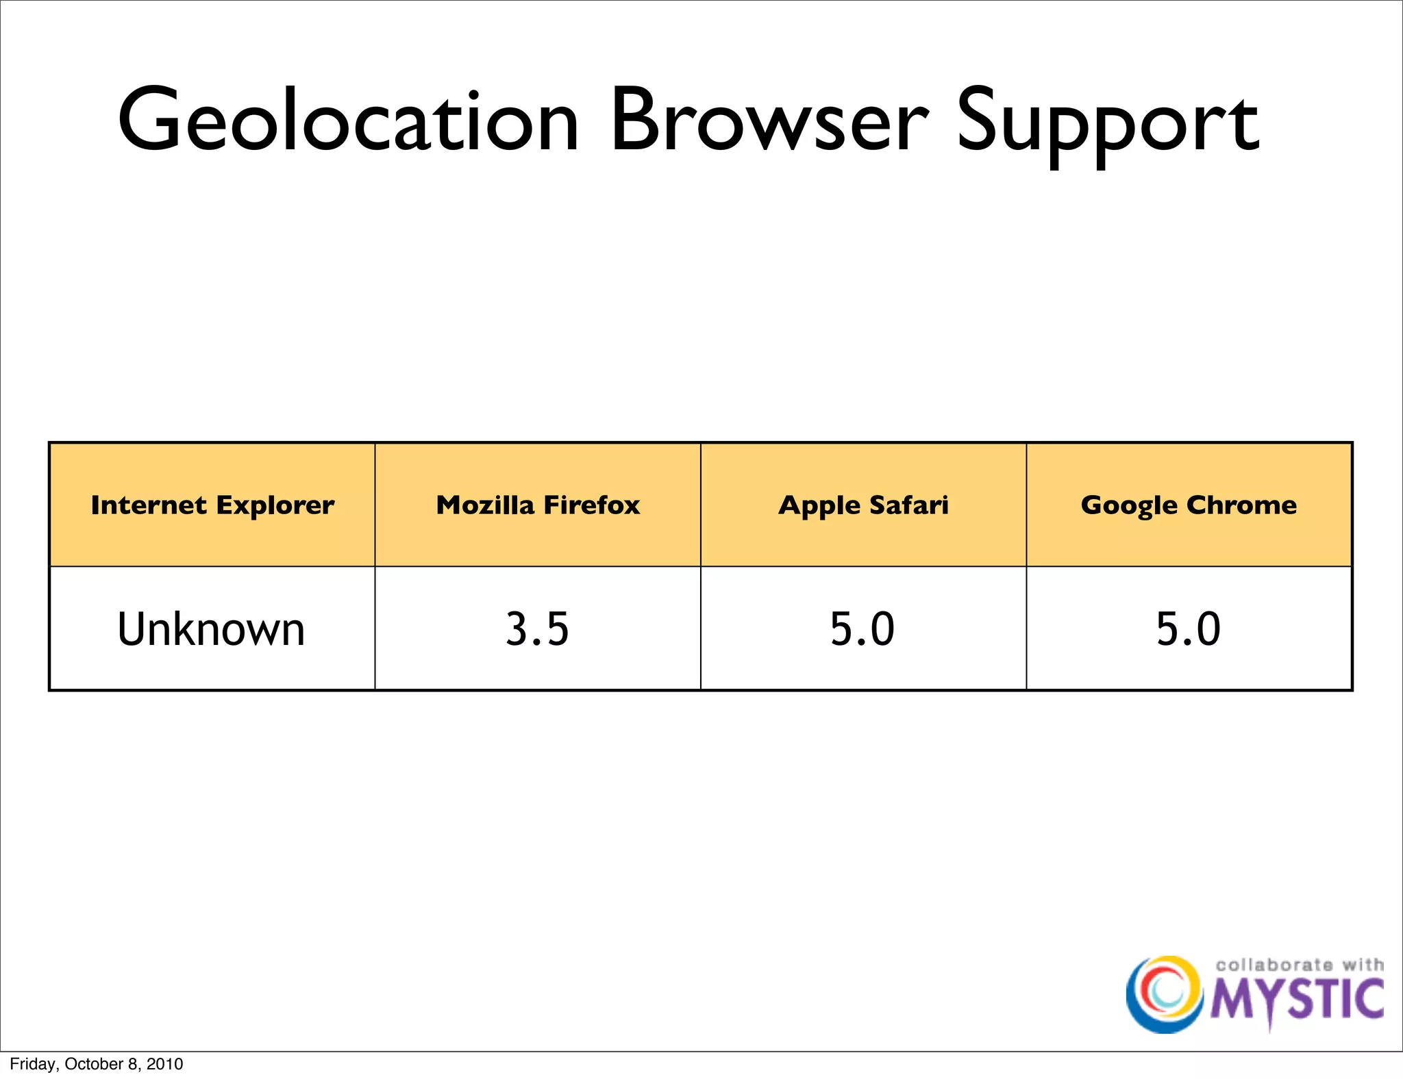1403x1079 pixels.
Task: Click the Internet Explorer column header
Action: (212, 505)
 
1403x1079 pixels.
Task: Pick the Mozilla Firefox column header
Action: (538, 505)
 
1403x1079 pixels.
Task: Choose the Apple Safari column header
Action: (863, 505)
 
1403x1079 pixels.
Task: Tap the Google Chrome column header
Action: (1189, 505)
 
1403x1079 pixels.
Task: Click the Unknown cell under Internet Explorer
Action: (211, 629)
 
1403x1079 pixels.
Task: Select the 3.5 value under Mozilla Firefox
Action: (537, 629)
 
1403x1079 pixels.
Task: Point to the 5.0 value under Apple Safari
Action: (862, 629)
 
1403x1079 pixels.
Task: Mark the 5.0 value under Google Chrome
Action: (1189, 629)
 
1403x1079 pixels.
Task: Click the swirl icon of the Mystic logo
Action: (1164, 994)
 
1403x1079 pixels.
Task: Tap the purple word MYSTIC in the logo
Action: (1297, 1000)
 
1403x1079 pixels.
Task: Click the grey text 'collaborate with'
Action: (1299, 965)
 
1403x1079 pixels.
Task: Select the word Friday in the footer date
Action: (33, 1064)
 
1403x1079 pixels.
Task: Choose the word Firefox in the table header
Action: (592, 505)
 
